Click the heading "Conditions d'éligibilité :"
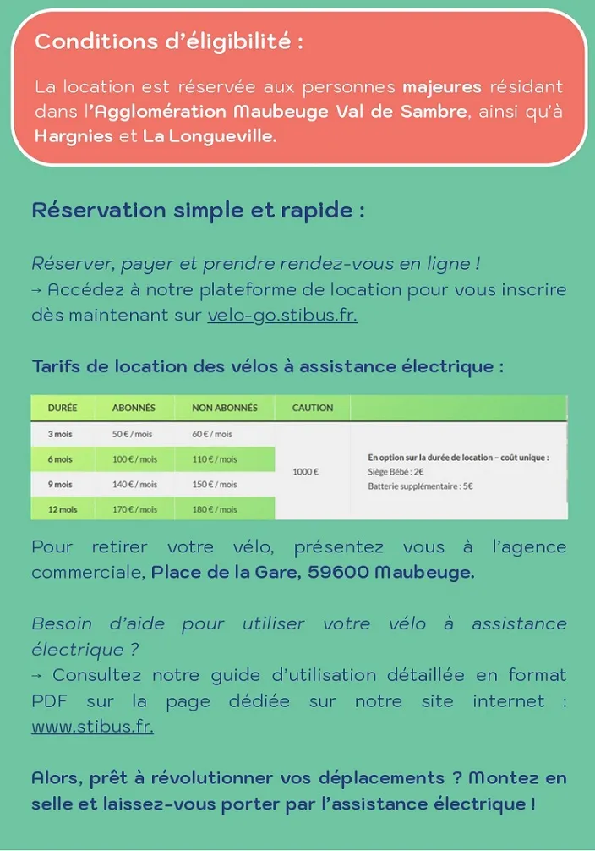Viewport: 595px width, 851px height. (169, 41)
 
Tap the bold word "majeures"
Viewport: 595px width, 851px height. (442, 87)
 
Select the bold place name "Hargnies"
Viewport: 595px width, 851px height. (74, 136)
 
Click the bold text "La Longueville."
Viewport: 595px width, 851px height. (210, 136)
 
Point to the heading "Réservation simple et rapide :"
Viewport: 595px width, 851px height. (198, 211)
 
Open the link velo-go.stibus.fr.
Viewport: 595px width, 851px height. (282, 316)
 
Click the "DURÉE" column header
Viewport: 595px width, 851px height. (63, 408)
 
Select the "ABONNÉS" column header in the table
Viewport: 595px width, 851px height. (134, 408)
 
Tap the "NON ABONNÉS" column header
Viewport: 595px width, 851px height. (225, 408)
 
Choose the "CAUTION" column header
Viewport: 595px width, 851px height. (313, 408)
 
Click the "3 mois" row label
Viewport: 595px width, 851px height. (60, 434)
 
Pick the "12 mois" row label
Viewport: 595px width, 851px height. (63, 509)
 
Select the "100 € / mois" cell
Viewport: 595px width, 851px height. (135, 459)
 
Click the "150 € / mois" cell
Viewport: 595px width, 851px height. (215, 485)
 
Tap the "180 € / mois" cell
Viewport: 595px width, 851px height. (215, 509)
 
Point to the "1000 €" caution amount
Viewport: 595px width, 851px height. (305, 471)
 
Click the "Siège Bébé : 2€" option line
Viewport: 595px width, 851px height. (396, 471)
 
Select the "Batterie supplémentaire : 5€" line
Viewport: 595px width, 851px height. (420, 486)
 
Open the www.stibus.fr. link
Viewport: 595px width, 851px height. (92, 727)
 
